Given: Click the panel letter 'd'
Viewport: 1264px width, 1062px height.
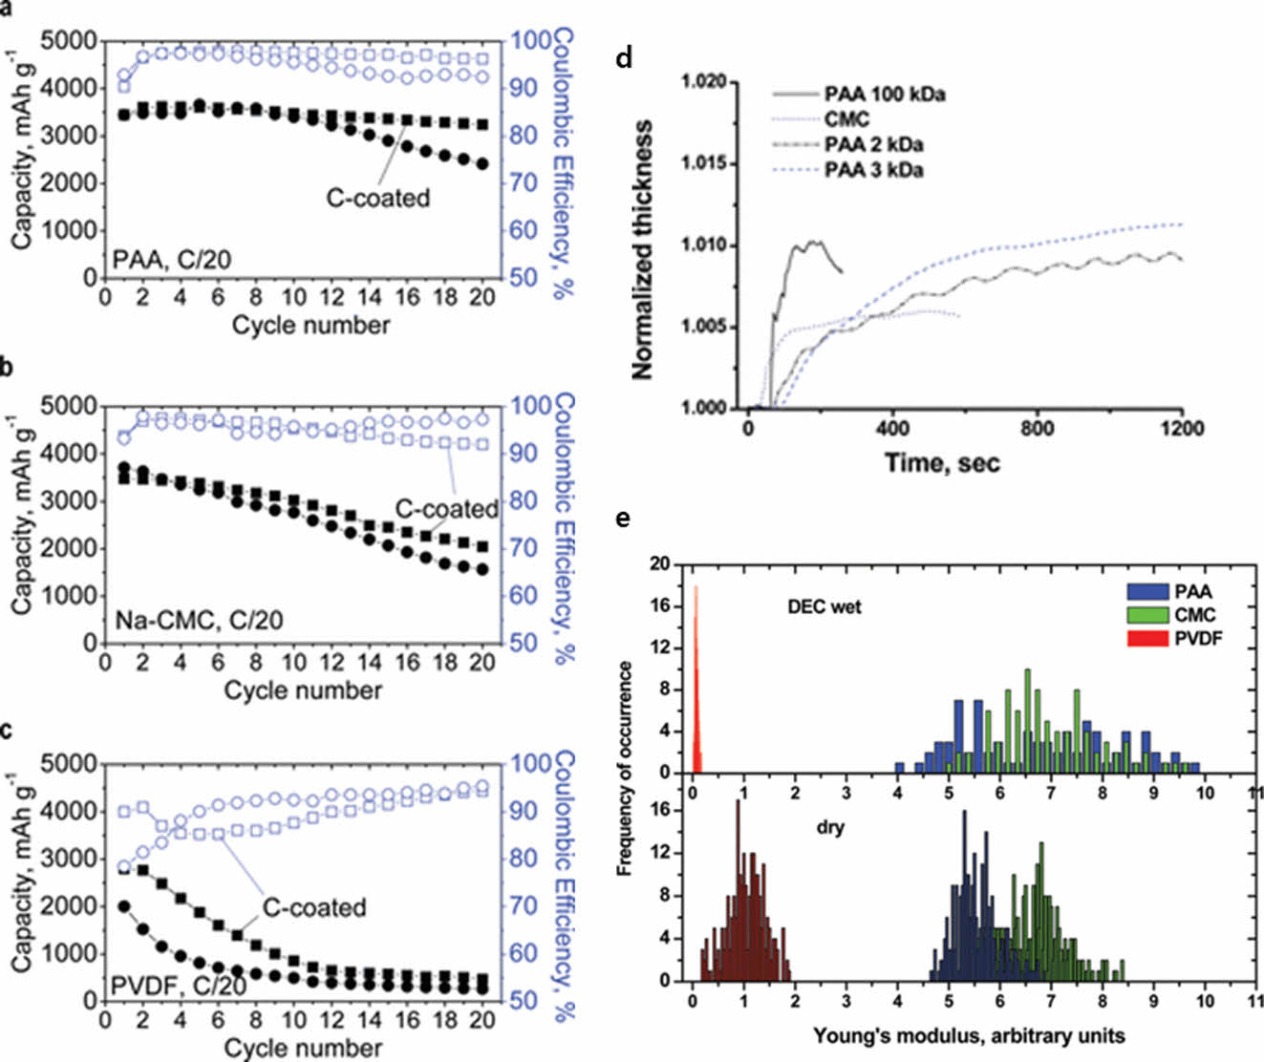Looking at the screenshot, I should pos(624,59).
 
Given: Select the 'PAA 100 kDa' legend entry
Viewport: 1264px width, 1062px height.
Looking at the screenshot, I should pos(885,95).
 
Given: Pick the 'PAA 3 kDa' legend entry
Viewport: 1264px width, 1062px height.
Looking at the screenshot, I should pos(873,171).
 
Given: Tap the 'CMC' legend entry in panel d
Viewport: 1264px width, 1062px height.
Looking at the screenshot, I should pos(846,120).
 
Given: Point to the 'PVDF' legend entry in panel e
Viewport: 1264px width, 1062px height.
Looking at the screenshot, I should pos(1198,639).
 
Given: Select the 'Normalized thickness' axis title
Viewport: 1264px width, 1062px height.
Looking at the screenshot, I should pos(643,248).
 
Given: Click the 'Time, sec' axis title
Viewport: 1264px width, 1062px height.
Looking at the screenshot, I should pos(942,463).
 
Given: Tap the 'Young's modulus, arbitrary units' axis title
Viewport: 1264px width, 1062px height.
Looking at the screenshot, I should pos(969,1035).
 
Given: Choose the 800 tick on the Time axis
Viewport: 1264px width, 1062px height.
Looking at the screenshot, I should pos(1037,429).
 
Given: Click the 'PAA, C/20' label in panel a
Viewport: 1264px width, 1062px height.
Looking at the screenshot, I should pos(172,259).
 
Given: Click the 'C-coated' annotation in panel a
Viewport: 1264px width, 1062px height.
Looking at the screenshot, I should pos(378,198).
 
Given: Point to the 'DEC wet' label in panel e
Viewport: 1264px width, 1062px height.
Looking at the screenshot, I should pos(824,606).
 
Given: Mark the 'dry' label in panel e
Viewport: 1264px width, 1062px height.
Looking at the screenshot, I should pos(830,828).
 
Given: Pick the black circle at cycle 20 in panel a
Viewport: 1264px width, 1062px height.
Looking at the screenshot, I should pos(482,164).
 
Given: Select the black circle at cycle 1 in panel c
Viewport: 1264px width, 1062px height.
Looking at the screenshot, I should pos(123,905).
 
